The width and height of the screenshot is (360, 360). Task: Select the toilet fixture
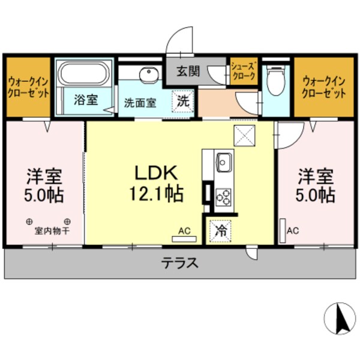coord(276,81)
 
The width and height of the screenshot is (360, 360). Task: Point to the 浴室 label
coord(85,100)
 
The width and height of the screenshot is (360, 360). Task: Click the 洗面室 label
coord(140,103)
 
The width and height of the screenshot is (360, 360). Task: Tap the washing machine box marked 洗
coord(182,101)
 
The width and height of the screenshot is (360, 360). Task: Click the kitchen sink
coord(224,162)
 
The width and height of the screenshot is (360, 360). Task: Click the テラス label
coord(179,263)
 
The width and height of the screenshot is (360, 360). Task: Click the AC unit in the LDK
coord(184,238)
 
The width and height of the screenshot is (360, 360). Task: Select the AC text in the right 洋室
coord(293,230)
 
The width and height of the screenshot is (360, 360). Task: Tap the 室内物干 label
coord(49,230)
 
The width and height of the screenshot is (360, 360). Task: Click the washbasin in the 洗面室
coord(148,74)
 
